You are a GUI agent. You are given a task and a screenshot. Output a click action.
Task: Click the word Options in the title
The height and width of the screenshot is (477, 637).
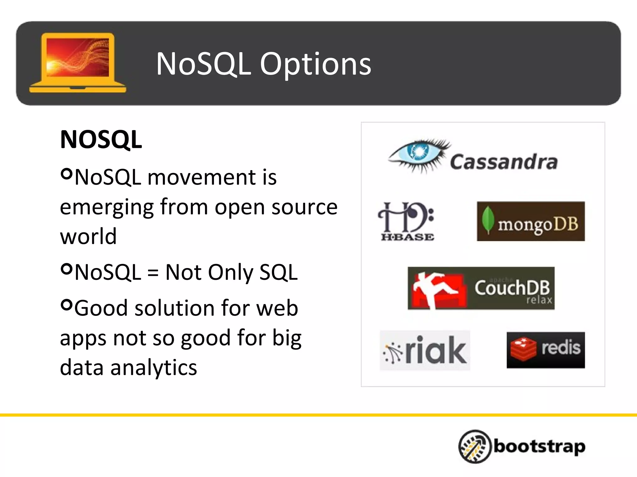315,65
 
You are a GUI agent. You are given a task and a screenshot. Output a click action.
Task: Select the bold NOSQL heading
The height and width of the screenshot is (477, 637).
101,139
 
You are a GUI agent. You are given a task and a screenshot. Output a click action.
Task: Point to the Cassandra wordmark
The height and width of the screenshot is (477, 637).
504,162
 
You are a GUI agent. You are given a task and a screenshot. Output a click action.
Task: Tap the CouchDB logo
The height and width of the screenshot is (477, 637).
481,288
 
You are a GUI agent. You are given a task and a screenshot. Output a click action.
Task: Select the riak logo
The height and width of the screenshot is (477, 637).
425,350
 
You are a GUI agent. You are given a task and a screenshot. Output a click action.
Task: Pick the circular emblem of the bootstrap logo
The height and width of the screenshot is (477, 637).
475,446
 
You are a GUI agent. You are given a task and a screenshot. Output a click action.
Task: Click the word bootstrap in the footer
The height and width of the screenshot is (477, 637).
540,447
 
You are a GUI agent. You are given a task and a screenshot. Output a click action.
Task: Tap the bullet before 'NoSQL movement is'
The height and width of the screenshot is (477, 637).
67,174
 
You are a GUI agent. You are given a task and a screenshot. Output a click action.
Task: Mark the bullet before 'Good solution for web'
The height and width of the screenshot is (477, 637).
67,305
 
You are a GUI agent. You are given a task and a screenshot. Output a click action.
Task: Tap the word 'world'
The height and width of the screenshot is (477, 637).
88,237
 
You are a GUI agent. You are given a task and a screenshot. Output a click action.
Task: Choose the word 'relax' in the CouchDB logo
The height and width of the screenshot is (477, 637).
539,300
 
